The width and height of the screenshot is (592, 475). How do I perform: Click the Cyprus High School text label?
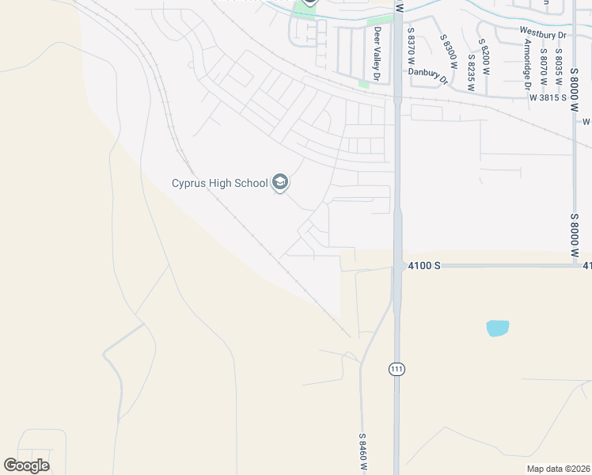coord(220,184)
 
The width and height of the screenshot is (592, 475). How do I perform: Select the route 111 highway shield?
coord(397,369)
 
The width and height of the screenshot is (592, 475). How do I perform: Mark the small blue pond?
coord(498,328)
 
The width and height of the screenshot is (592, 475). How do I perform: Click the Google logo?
coord(27,465)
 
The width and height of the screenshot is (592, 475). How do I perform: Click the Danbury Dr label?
coord(428,74)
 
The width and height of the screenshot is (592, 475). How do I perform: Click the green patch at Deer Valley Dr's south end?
coord(363,82)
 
